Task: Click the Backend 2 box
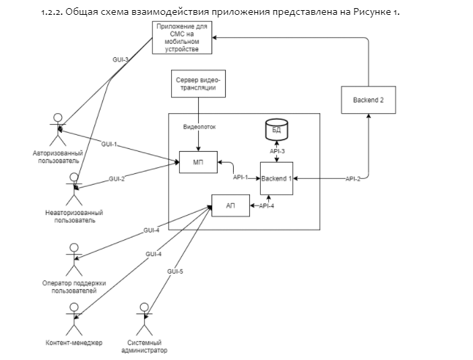[368, 100]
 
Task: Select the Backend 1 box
[276, 179]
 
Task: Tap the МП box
[197, 162]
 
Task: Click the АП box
[230, 206]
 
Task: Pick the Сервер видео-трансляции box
[198, 83]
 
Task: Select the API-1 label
[241, 177]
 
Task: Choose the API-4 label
[267, 206]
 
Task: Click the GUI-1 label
[109, 144]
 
